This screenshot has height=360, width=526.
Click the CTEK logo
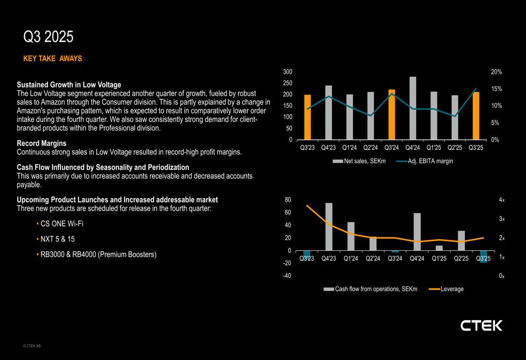(x=481, y=326)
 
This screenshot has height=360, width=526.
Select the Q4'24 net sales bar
(x=412, y=108)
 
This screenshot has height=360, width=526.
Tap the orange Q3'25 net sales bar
(x=476, y=116)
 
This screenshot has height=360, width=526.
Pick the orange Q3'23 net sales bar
(x=307, y=117)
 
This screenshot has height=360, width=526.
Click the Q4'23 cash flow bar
(x=329, y=227)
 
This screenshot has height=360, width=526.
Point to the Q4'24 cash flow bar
(x=417, y=232)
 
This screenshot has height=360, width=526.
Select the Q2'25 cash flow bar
(x=461, y=241)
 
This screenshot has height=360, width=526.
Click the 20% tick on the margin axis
(x=497, y=71)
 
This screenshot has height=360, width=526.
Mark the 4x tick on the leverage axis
(x=501, y=200)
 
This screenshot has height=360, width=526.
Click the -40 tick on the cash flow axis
(x=288, y=276)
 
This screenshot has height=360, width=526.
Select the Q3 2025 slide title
(x=48, y=37)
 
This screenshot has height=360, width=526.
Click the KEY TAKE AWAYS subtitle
(x=53, y=59)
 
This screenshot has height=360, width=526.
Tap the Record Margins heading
(x=42, y=143)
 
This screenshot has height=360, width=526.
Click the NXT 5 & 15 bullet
(x=57, y=239)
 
